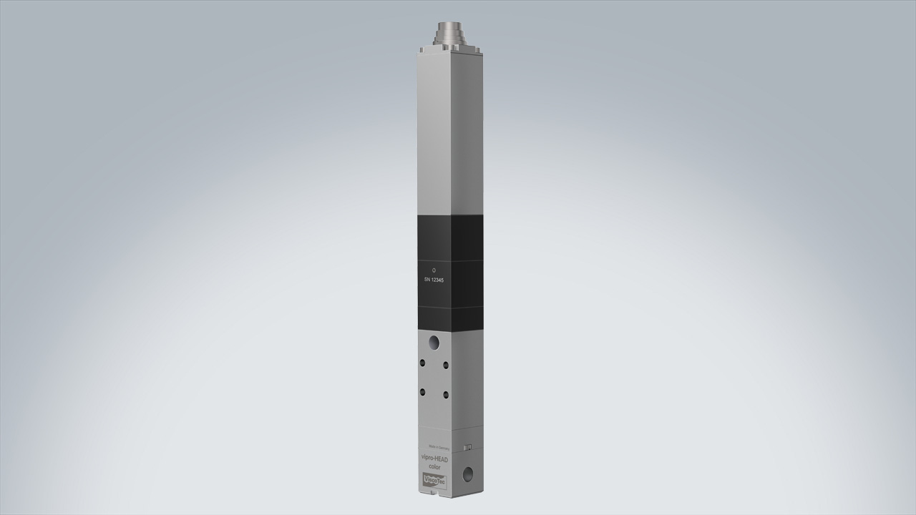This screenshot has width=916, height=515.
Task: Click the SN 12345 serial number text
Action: pos(434,280)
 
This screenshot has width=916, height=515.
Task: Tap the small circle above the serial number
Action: pos(434,270)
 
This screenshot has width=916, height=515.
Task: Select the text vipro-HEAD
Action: pos(434,458)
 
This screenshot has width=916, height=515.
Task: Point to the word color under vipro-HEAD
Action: pos(434,467)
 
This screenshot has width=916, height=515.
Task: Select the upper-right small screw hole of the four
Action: pos(446,366)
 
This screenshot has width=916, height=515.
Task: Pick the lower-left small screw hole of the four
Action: pos(422,391)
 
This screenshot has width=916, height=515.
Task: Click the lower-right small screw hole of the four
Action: pos(446,394)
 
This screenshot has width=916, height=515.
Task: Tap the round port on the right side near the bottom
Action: pos(469,473)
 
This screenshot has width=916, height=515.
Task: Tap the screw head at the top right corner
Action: pos(477,49)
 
